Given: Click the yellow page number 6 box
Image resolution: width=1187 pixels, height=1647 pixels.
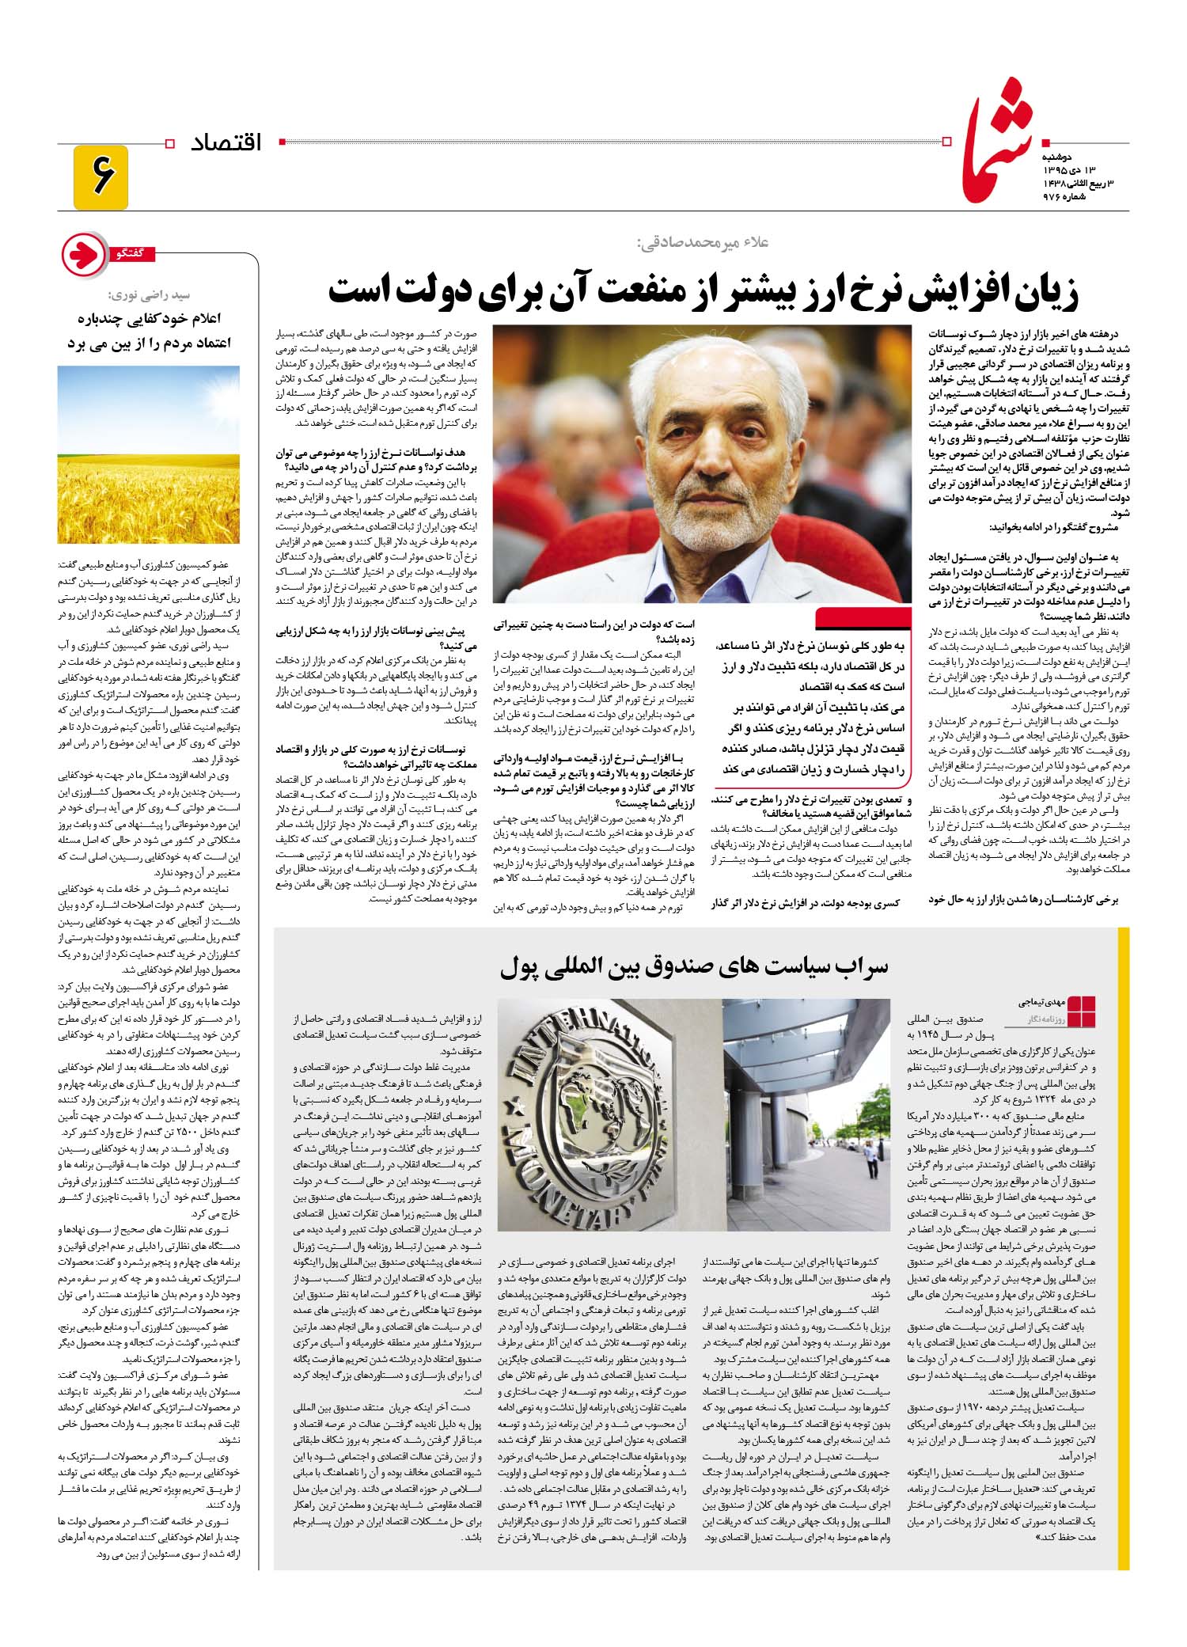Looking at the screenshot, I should point(100,177).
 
